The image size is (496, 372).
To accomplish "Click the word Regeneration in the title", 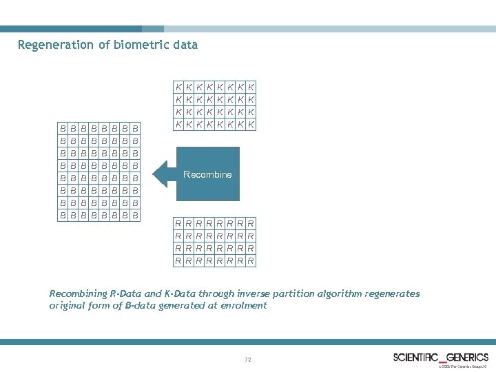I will [x=54, y=45].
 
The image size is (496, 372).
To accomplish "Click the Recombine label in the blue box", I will [x=207, y=174].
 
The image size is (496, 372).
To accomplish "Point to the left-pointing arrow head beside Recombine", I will [x=161, y=174].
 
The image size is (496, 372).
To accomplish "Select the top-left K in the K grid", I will [x=178, y=87].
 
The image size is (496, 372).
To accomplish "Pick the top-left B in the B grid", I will [x=63, y=128].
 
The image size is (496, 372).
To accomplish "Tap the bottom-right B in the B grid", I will [x=136, y=215].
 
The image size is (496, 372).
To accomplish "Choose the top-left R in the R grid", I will [x=178, y=224].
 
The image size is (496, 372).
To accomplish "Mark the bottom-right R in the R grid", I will [x=251, y=261].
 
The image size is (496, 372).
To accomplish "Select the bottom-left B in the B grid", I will [x=63, y=215].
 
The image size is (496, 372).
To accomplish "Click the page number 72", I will [x=248, y=360].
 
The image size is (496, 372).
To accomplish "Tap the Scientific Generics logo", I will [x=441, y=357].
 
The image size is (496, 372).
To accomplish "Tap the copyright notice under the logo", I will [x=464, y=366].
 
